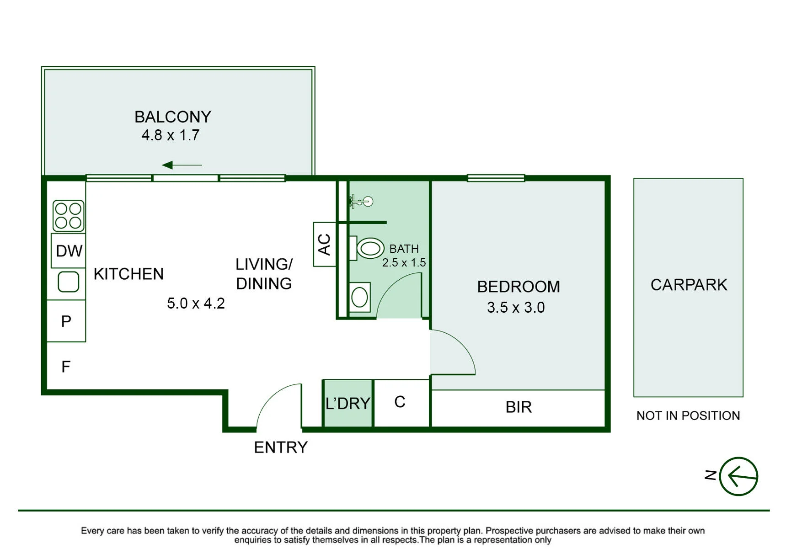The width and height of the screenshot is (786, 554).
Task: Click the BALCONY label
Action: pyautogui.click(x=173, y=117)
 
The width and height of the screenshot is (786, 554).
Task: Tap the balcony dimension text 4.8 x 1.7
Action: pyautogui.click(x=171, y=135)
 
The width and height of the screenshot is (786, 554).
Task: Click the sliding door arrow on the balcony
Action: pyautogui.click(x=182, y=165)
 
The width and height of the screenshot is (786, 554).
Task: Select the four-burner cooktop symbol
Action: pyautogui.click(x=69, y=215)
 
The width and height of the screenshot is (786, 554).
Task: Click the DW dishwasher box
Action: pyautogui.click(x=69, y=250)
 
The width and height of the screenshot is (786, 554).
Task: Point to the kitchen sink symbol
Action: pyautogui.click(x=69, y=282)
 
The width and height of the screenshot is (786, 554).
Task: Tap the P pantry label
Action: pyautogui.click(x=66, y=321)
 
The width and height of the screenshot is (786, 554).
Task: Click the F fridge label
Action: pyautogui.click(x=66, y=367)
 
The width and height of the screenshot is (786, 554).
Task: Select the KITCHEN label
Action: pyautogui.click(x=128, y=274)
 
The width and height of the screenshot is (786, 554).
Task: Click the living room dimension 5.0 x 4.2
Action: pyautogui.click(x=196, y=304)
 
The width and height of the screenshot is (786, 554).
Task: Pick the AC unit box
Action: pyautogui.click(x=325, y=244)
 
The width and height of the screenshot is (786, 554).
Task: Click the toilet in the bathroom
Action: pyautogui.click(x=367, y=248)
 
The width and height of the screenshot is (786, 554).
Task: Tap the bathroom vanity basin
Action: pyautogui.click(x=360, y=298)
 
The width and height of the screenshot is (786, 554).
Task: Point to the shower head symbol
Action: pyautogui.click(x=361, y=201)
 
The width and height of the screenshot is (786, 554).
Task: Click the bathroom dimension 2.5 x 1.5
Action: pyautogui.click(x=404, y=263)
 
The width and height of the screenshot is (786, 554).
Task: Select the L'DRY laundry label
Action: pyautogui.click(x=348, y=404)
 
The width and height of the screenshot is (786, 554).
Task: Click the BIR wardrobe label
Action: pyautogui.click(x=519, y=407)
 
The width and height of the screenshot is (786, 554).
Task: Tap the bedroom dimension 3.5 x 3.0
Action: pyautogui.click(x=516, y=308)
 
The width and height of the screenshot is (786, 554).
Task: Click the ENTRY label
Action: pyautogui.click(x=281, y=447)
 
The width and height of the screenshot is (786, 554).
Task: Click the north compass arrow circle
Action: pyautogui.click(x=738, y=476)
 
